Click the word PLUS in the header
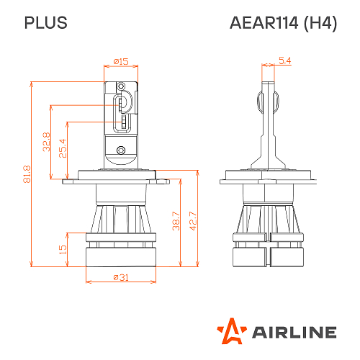click(46, 23)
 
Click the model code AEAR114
click(264, 23)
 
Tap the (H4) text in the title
click(320, 23)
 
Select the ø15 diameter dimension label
click(121, 62)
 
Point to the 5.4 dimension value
click(284, 62)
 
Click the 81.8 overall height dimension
click(27, 173)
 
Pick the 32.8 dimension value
click(46, 141)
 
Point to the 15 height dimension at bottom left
click(63, 249)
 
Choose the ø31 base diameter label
click(120, 278)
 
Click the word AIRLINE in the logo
click(293, 332)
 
